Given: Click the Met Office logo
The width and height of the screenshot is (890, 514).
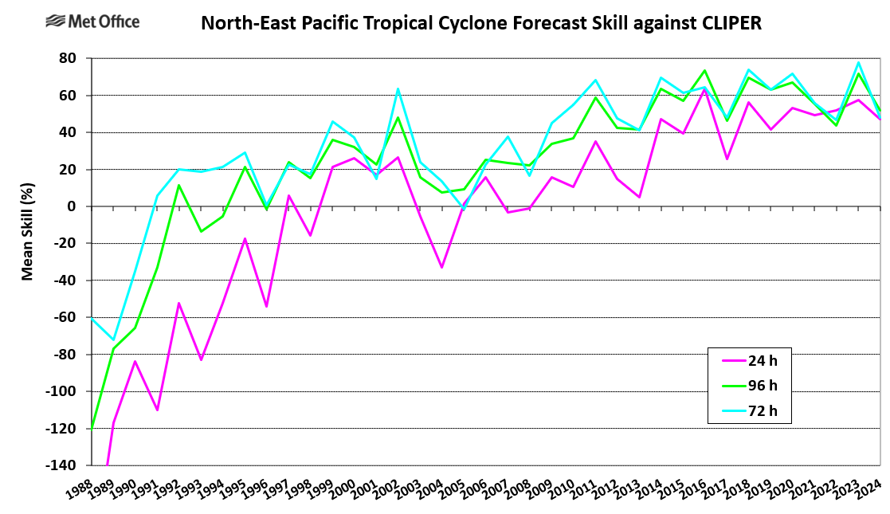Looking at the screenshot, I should (93, 22).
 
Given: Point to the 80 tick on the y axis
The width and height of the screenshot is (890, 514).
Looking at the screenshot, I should (67, 59).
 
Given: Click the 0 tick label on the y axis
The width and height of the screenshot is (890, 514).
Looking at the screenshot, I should (72, 206).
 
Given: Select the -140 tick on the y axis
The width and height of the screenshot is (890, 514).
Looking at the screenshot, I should (61, 465).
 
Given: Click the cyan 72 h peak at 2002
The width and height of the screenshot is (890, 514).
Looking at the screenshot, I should (398, 88).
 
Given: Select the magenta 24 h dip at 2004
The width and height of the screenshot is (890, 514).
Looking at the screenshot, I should (441, 267).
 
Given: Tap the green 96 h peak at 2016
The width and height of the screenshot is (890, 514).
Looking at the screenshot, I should (704, 70).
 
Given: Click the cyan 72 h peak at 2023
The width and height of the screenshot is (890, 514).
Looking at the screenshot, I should (858, 62).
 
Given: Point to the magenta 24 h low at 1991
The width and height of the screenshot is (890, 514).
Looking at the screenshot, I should (157, 410).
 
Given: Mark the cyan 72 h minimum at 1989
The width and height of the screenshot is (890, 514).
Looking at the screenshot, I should (113, 339).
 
